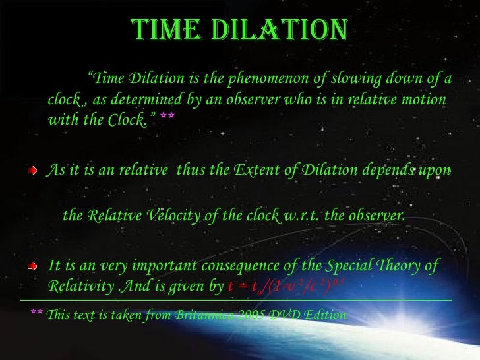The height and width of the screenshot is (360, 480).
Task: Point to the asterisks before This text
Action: point(37,313)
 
